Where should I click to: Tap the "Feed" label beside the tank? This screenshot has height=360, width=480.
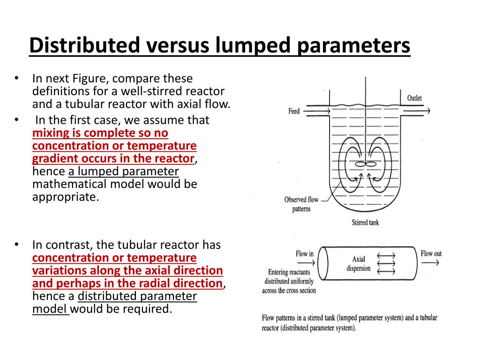click(294, 111)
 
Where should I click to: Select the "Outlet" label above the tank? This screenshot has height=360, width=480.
click(414, 98)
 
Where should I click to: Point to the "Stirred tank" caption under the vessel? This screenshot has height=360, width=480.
click(365, 222)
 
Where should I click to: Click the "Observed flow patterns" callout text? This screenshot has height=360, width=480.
click(301, 204)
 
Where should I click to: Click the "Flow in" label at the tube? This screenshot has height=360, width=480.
click(305, 254)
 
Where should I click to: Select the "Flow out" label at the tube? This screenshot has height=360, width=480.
click(431, 254)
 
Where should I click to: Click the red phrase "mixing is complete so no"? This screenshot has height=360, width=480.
click(100, 133)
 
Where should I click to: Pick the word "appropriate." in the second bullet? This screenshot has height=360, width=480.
click(66, 197)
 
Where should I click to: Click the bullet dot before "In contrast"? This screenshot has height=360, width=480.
click(16, 245)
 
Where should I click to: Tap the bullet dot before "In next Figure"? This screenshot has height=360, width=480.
click(16, 78)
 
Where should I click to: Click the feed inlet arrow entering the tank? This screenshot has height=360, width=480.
click(314, 111)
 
